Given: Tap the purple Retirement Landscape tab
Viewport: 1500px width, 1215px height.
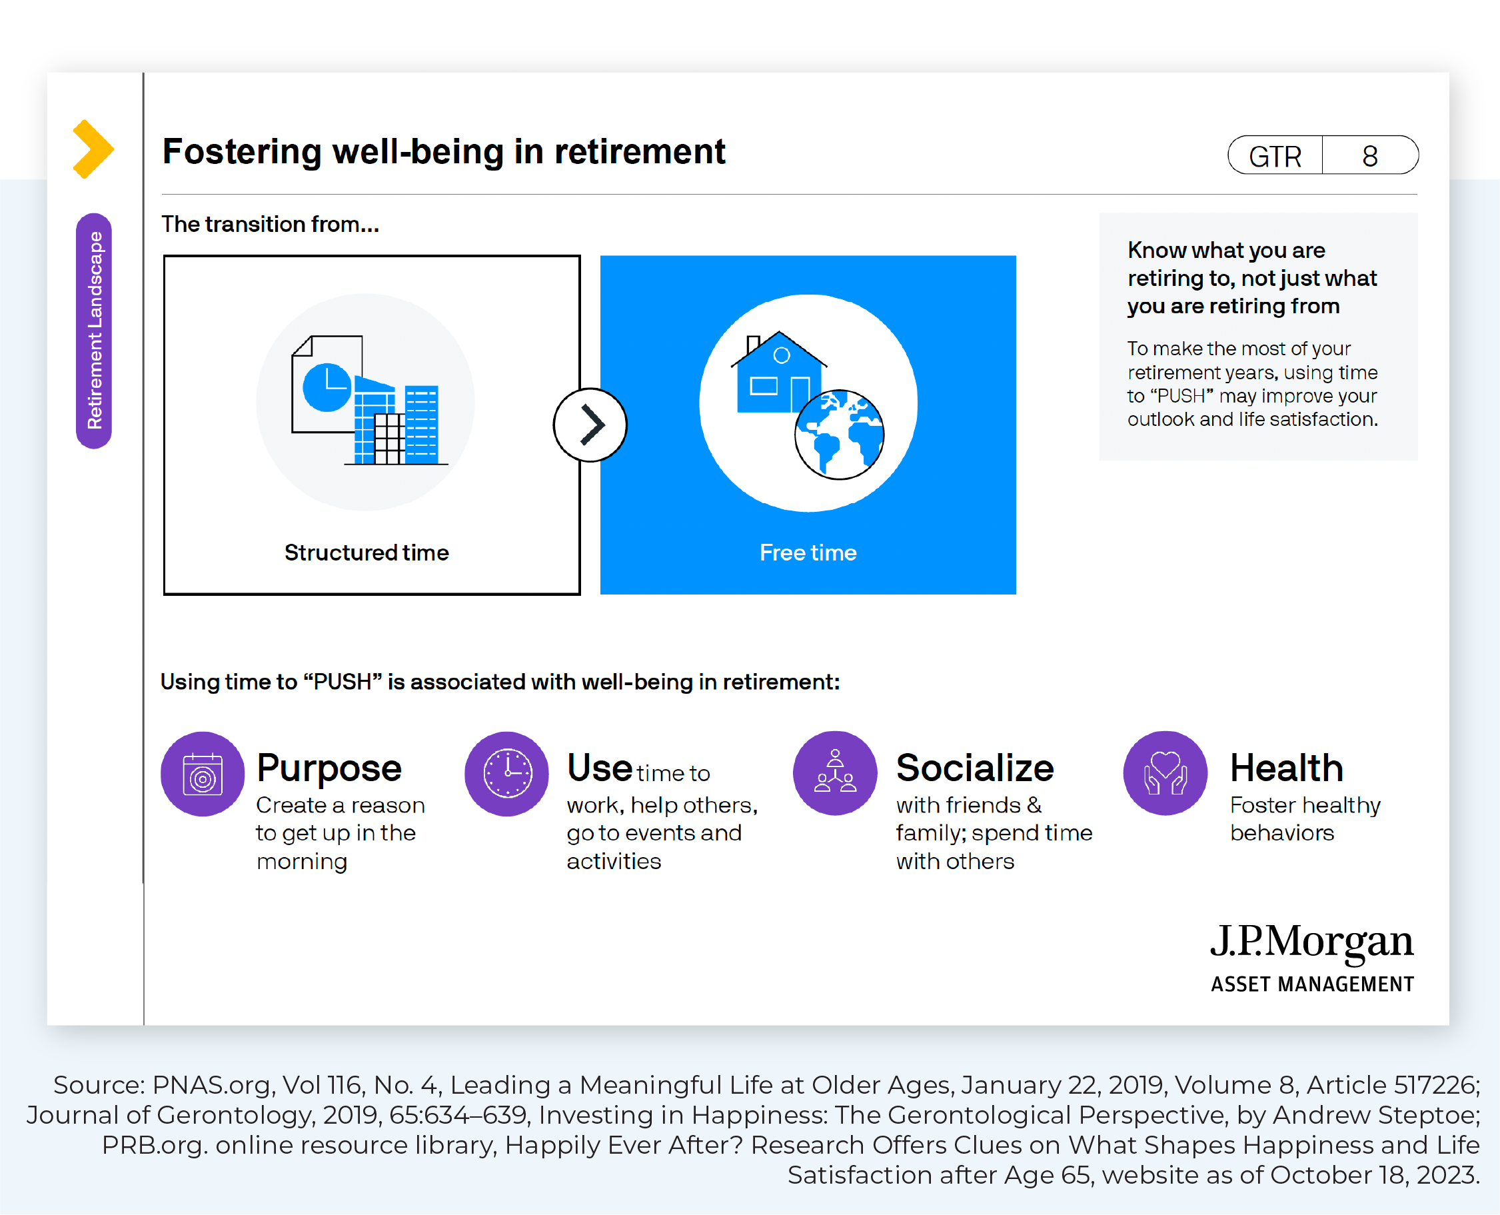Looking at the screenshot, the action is coord(94,331).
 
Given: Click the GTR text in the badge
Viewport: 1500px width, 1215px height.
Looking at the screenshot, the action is coord(1275,156).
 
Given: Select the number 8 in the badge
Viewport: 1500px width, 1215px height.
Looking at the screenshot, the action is coord(1370,156).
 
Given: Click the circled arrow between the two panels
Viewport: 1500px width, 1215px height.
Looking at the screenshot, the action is coord(590,425).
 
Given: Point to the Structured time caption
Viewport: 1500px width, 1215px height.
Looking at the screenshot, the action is coord(367,553).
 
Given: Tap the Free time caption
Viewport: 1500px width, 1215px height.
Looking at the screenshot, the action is coord(808,553).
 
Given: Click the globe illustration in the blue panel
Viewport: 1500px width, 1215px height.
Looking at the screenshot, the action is coord(840,435).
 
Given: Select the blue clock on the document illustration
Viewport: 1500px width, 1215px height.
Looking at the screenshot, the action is coord(327,387).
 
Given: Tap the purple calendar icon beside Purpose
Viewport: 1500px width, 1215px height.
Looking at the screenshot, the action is coord(203,774).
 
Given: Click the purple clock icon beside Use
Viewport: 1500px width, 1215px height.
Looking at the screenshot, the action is coord(507,774).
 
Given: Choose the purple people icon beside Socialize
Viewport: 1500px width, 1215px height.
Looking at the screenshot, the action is coord(836,773).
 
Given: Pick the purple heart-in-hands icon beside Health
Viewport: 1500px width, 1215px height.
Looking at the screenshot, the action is coord(1165,773).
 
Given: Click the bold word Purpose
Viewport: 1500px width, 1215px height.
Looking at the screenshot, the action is coord(329,769).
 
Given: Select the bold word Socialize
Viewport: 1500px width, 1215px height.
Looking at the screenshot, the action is coord(976,768).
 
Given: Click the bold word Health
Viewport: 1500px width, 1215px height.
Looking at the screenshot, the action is coord(1287,768).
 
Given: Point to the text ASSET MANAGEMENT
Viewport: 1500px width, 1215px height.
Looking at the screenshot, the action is coord(1313,984).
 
